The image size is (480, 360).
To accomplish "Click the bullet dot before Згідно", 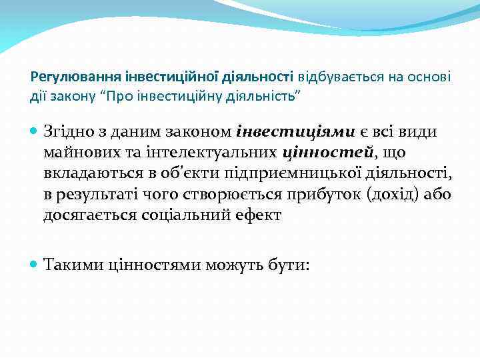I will (35, 131).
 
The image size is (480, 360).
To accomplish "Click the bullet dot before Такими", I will (35, 265).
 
